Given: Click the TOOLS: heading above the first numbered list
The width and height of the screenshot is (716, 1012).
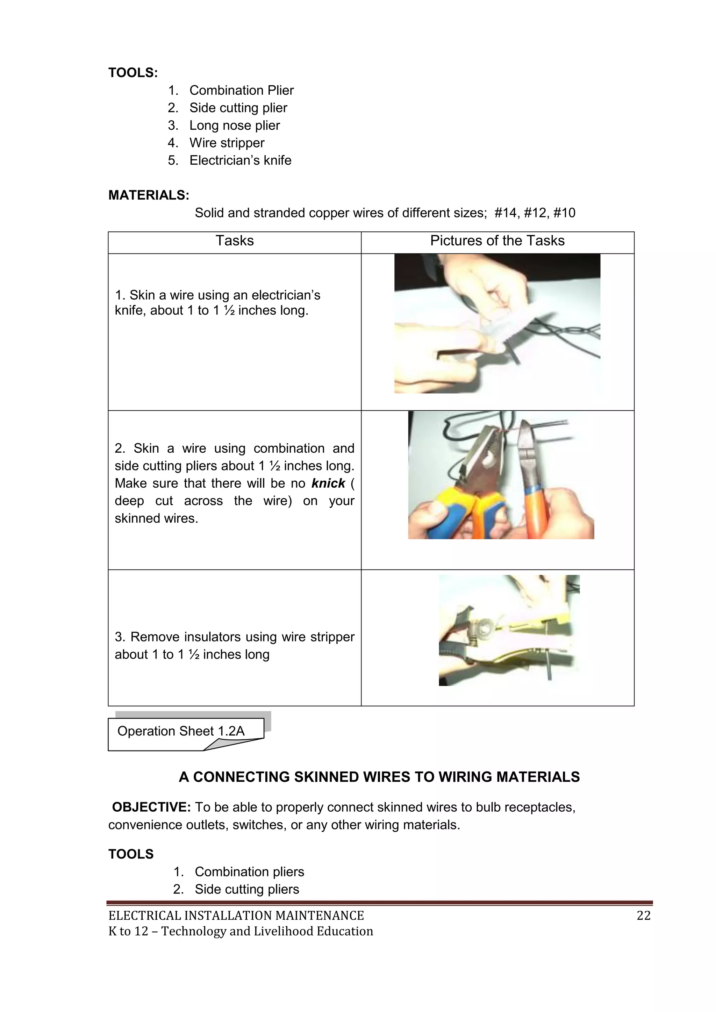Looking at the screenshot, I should coord(133,73).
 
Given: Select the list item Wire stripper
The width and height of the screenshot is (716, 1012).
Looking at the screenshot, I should coord(227,143).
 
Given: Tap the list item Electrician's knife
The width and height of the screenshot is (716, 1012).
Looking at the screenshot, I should coord(240,160).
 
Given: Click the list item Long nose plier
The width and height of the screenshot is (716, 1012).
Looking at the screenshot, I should coord(235,125).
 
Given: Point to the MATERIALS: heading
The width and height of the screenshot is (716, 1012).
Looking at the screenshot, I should coord(149,195).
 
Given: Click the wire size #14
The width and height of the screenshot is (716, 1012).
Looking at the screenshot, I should coord(507,213).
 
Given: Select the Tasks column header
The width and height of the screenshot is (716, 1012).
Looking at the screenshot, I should coord(235,241).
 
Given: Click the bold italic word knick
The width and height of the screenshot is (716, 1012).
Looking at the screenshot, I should coord(328,483).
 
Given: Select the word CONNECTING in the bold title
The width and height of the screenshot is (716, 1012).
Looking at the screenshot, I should coord(242,777).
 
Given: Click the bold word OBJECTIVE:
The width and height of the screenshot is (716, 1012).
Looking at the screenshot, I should coord(151,807).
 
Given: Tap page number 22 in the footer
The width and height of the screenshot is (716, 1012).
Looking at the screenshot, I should coord(643,916).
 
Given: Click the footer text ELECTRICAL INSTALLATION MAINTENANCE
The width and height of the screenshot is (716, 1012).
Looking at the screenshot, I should coord(236,916).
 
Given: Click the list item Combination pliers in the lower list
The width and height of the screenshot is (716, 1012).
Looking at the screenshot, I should coord(249,871).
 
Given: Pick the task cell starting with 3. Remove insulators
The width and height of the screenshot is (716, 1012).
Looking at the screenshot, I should coord(234,645).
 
